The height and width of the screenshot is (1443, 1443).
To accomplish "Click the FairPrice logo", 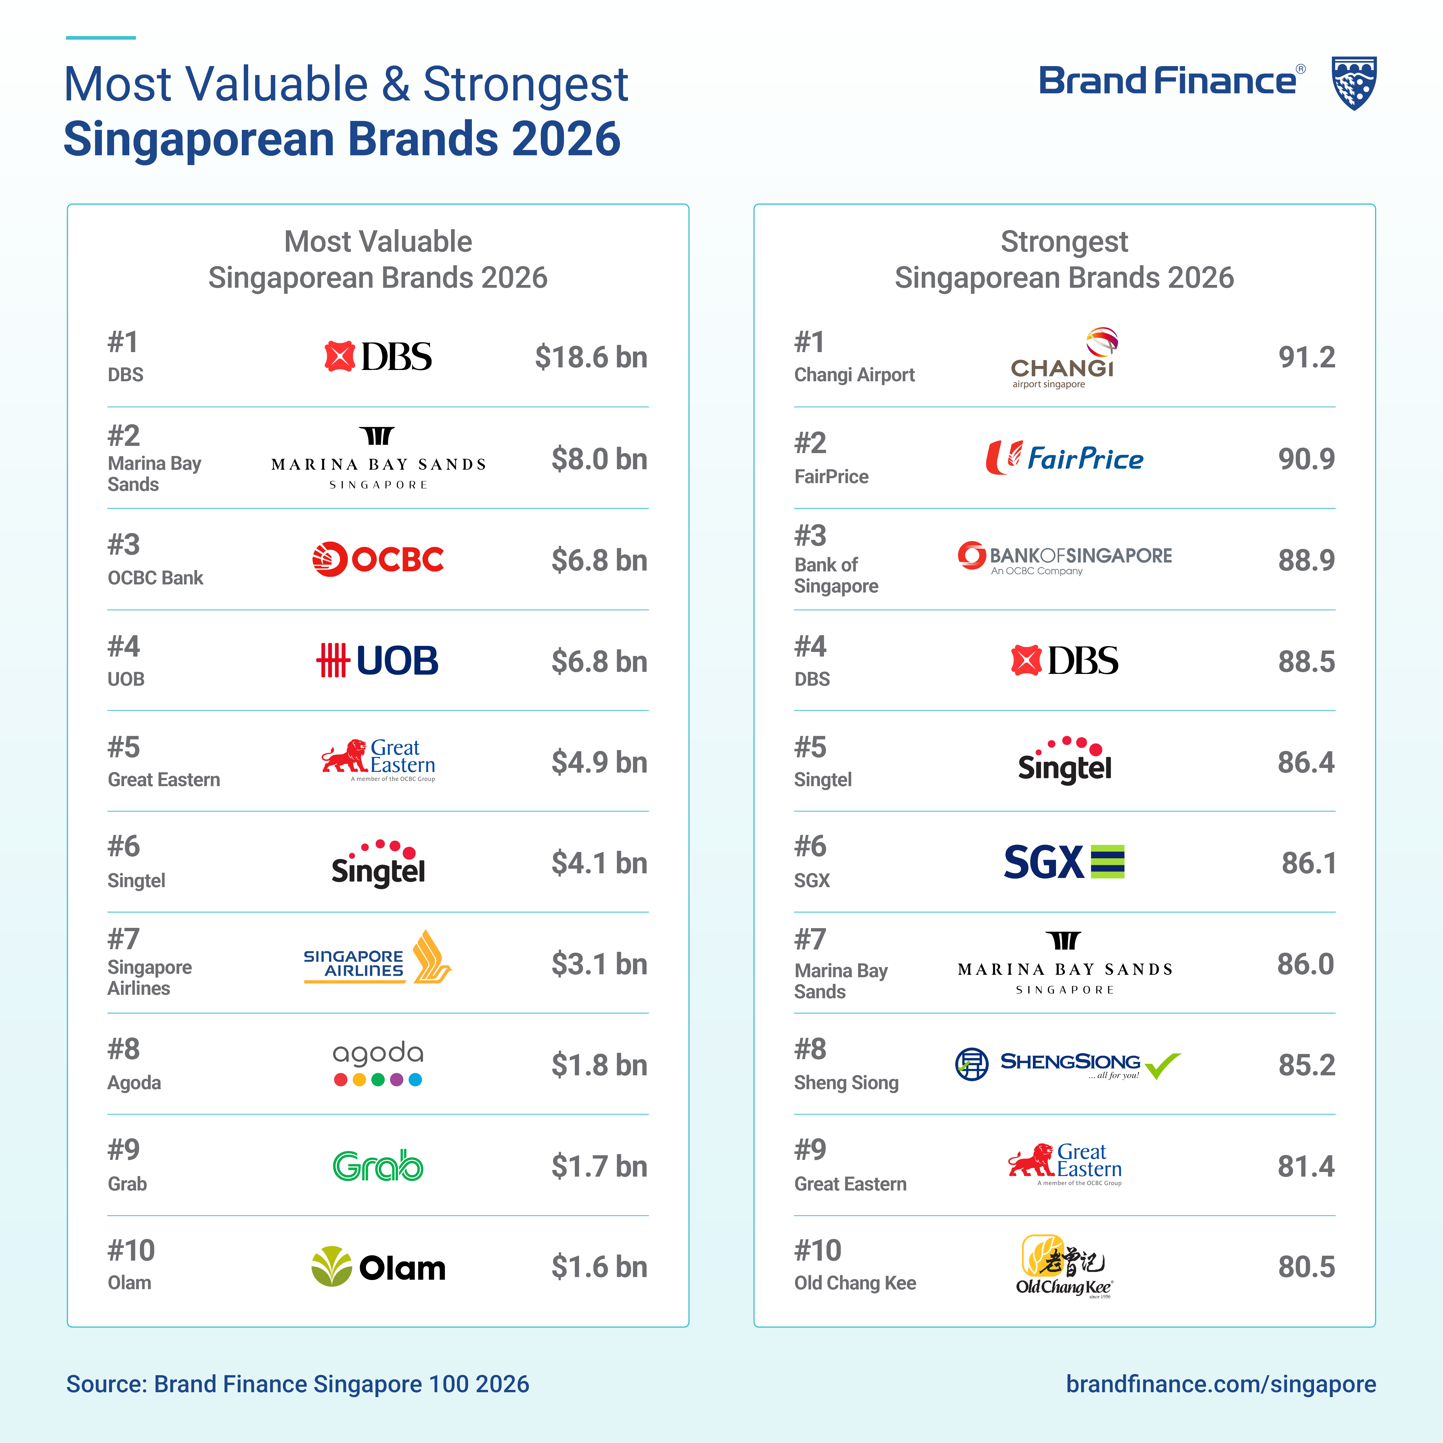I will click(x=1064, y=458).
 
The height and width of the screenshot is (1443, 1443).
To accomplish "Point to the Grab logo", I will click(x=378, y=1166).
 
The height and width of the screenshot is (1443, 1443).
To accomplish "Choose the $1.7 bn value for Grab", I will click(x=599, y=1166).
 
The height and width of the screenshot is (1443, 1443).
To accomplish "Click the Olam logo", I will click(x=378, y=1267).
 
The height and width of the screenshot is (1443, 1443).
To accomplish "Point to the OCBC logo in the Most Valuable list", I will click(x=378, y=559).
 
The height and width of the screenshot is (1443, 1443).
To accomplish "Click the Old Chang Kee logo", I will click(x=1063, y=1267).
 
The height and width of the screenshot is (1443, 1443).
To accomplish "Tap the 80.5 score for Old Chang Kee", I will click(x=1306, y=1267).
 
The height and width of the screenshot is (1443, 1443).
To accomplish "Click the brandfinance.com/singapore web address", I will click(x=1220, y=1384).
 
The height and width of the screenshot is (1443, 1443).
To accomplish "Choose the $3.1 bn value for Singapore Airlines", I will click(x=599, y=964).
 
